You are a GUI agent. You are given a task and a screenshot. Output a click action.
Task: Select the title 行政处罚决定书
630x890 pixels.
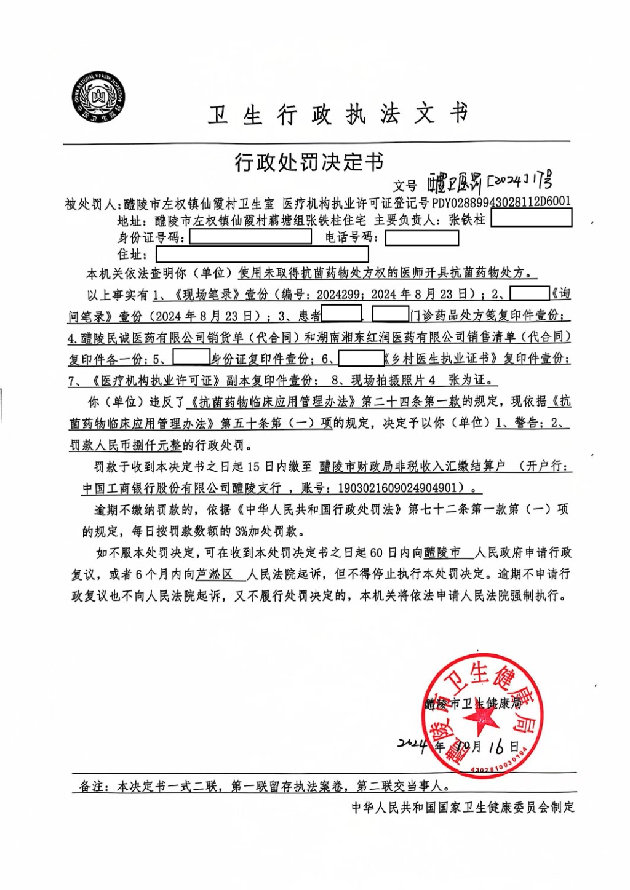pyautogui.click(x=309, y=162)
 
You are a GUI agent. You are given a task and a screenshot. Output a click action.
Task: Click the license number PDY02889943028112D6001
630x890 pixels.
pyautogui.click(x=501, y=202)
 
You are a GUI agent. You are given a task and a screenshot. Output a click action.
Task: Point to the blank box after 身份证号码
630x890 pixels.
pyautogui.click(x=250, y=237)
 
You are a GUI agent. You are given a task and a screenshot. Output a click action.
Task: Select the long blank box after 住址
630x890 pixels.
pyautogui.click(x=262, y=254)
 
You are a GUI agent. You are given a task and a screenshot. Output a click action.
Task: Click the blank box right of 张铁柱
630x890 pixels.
pyautogui.click(x=532, y=218)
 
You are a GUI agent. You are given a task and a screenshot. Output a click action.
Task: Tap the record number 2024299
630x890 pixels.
pyautogui.click(x=338, y=294)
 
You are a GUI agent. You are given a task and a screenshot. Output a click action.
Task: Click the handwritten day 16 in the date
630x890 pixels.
pyautogui.click(x=496, y=747)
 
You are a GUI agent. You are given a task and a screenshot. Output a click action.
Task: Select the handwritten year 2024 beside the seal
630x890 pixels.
pyautogui.click(x=413, y=744)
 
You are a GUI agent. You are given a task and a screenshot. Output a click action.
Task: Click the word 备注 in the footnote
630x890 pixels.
pyautogui.click(x=92, y=786)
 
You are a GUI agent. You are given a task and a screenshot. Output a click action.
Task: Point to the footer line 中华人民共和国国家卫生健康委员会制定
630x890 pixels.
pyautogui.click(x=463, y=807)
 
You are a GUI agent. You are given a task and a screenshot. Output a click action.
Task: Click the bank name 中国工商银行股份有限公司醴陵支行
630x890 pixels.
pyautogui.click(x=181, y=488)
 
